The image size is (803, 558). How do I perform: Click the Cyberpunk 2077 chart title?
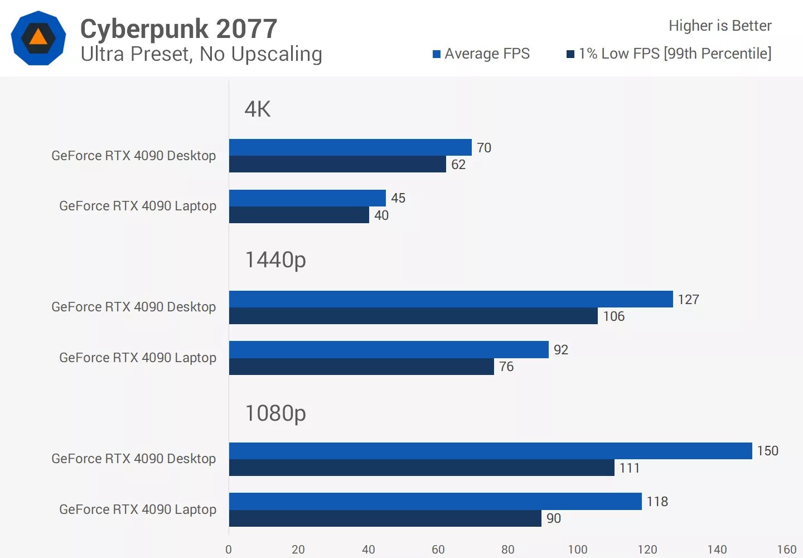[x=178, y=29]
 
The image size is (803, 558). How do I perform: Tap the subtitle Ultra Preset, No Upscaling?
[x=201, y=54]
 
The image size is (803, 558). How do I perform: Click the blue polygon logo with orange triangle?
[x=38, y=38]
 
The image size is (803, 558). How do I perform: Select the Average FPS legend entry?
[x=481, y=54]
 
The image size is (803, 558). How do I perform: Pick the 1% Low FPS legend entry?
[x=669, y=54]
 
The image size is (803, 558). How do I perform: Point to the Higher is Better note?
[x=720, y=26]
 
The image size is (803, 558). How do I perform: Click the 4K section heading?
[x=258, y=109]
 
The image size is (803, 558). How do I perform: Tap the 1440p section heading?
[x=275, y=260]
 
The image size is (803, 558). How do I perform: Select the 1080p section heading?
[x=275, y=413]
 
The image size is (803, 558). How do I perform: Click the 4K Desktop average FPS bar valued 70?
[x=350, y=147]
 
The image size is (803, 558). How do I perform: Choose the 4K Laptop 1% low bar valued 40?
[x=299, y=215]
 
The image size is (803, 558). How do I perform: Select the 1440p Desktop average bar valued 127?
[x=451, y=299]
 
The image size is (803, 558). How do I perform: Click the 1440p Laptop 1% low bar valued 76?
[x=361, y=367]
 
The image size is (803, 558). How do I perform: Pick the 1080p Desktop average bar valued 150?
[x=491, y=451]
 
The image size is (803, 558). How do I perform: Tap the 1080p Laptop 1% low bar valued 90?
[x=385, y=518]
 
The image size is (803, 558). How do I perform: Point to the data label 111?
[x=630, y=468]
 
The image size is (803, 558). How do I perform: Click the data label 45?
[x=398, y=198]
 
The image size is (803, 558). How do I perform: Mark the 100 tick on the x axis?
[x=578, y=550]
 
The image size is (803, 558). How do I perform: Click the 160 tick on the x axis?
[x=787, y=550]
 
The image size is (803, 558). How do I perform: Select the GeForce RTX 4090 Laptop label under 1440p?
[x=138, y=358]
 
